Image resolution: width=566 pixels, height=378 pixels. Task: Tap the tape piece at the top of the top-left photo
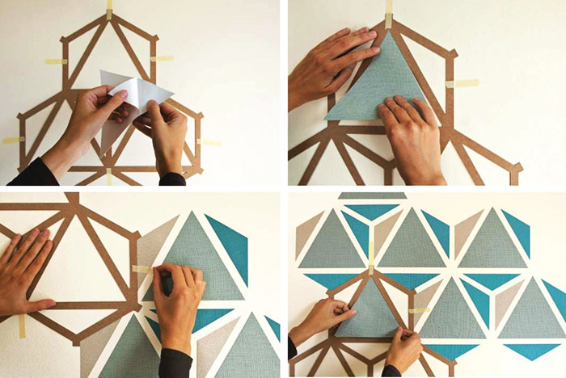(x=109, y=10)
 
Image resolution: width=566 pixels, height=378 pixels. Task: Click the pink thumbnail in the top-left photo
(x=123, y=94)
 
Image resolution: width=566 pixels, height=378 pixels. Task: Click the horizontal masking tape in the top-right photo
(x=463, y=83)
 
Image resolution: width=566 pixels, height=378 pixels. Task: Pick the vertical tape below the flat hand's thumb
(x=23, y=325)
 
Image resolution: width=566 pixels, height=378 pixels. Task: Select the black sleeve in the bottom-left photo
(x=174, y=363)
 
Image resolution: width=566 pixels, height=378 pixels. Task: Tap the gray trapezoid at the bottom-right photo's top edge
(x=372, y=195)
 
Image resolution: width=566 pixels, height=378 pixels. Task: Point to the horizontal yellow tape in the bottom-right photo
(x=419, y=310)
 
